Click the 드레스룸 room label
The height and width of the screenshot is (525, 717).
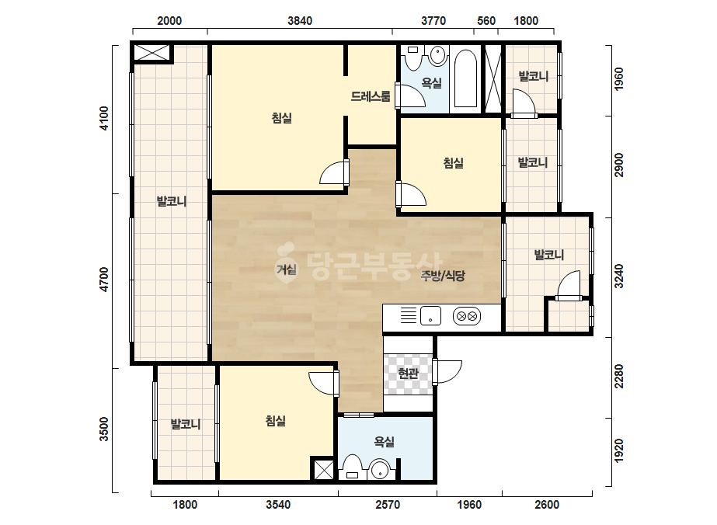(371, 96)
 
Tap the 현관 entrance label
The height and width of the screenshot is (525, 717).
(408, 374)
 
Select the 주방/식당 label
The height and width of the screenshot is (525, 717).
(443, 275)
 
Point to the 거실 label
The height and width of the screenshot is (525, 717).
(287, 269)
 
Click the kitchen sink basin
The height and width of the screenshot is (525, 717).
(430, 315)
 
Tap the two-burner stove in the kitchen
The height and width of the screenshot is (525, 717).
(466, 316)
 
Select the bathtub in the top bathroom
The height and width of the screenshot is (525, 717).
(465, 78)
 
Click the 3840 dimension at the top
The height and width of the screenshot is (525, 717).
(300, 20)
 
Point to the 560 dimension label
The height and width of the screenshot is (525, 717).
(486, 20)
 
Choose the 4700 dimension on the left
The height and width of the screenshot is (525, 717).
(105, 280)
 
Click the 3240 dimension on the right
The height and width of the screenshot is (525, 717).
(618, 276)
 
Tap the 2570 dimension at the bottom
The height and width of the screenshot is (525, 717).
(388, 505)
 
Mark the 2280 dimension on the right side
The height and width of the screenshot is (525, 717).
(618, 376)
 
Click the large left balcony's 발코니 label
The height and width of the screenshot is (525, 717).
(172, 201)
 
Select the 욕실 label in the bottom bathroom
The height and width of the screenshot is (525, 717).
(384, 441)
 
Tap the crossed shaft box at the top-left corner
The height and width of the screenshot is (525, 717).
(151, 52)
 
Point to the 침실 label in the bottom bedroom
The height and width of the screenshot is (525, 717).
(276, 420)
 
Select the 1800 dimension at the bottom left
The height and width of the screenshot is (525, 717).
(185, 505)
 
